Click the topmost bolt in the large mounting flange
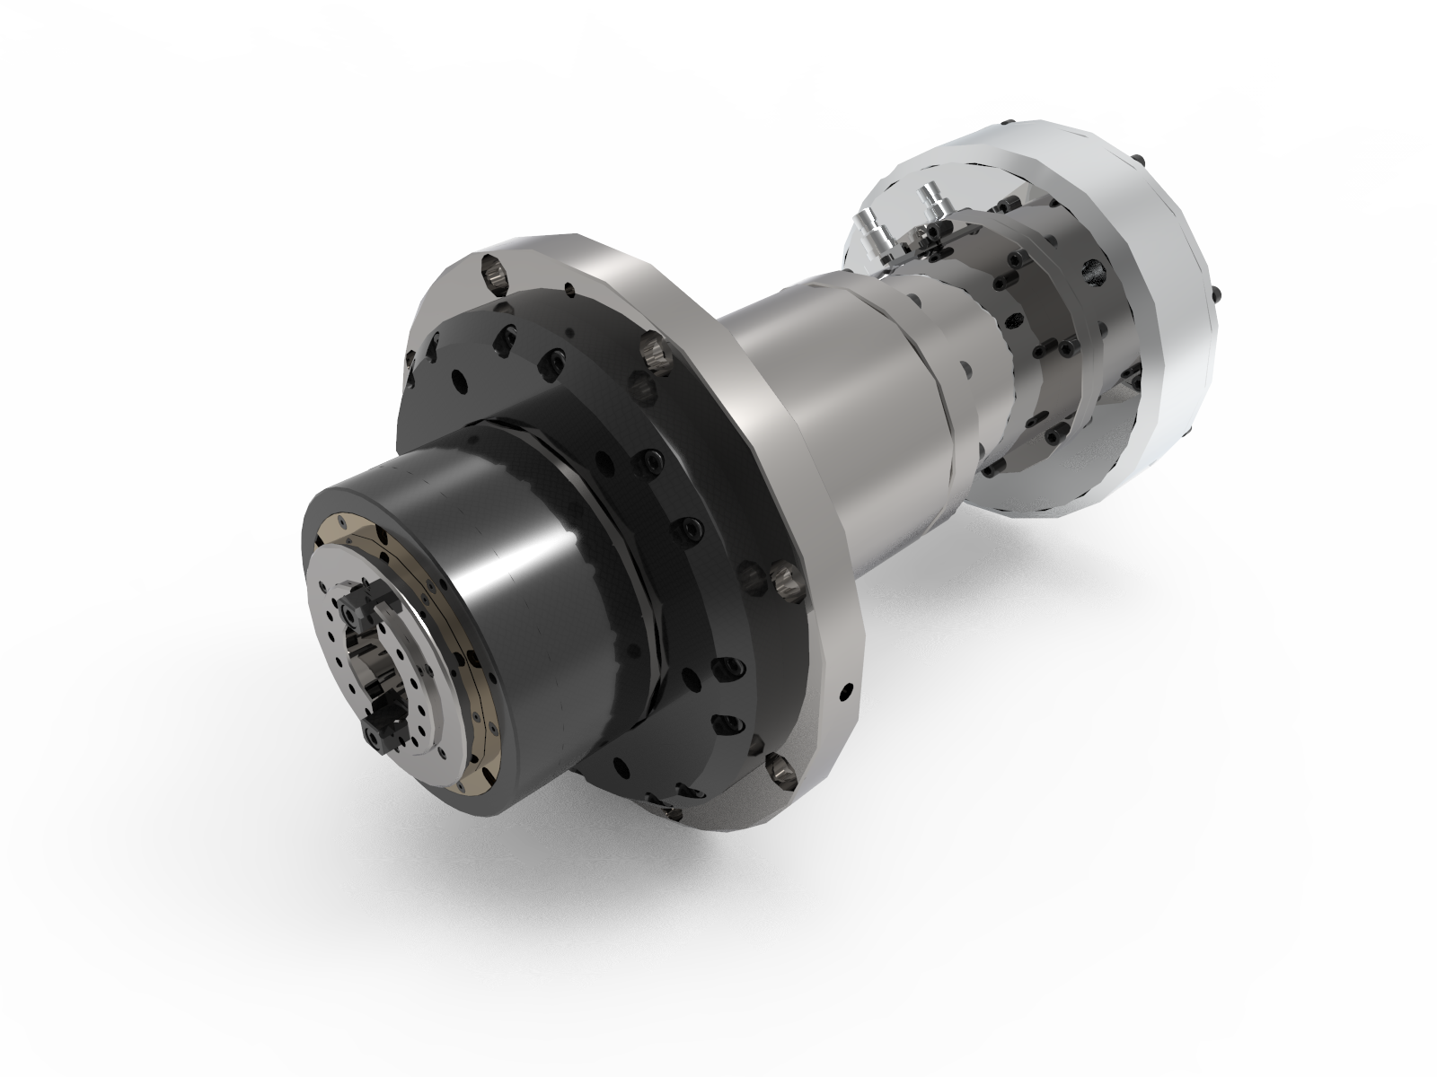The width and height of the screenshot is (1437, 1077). (492, 268)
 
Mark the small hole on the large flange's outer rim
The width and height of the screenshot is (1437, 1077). (845, 691)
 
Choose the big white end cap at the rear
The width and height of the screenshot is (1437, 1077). (1159, 296)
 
